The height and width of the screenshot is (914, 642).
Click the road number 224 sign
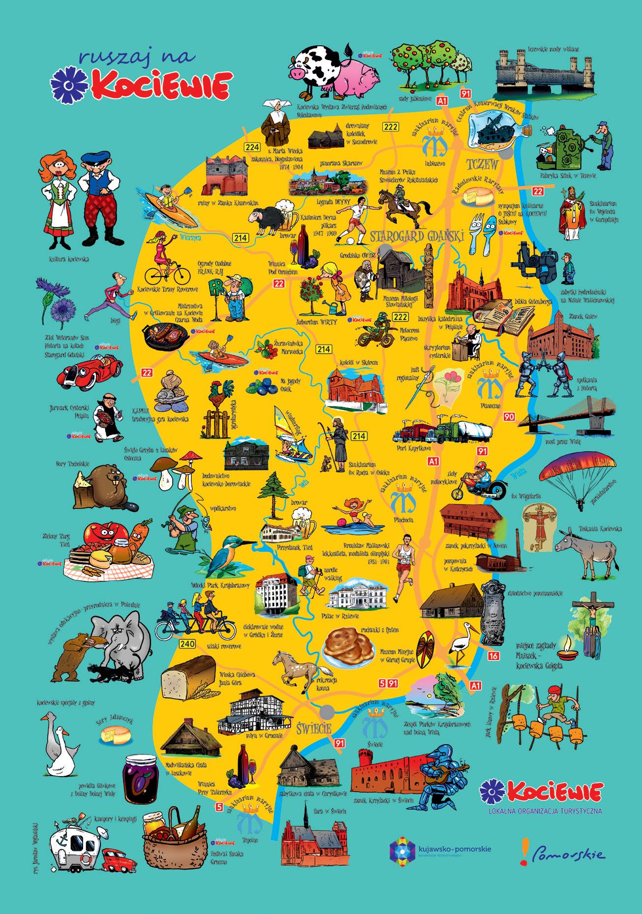point(252,147)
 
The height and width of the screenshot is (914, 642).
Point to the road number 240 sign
point(187,644)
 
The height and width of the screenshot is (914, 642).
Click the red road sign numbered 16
point(494,656)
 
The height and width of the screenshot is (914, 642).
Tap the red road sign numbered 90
point(509,417)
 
